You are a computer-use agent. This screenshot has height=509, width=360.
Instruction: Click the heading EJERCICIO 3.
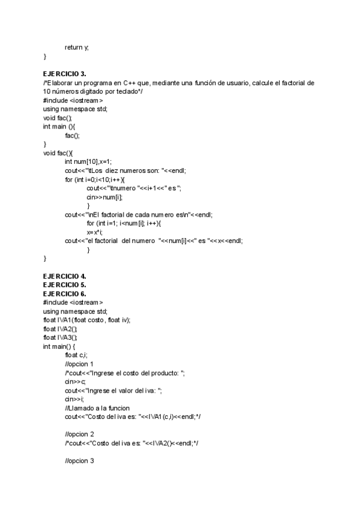[65, 73]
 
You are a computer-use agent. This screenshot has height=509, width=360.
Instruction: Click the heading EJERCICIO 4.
[65, 277]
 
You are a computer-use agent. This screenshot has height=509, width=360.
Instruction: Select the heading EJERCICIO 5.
[65, 285]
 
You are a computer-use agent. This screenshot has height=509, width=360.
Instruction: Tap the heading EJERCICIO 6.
[65, 294]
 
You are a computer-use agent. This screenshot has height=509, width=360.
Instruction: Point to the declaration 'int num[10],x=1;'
[88, 161]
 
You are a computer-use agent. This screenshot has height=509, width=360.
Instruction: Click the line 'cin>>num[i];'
[104, 196]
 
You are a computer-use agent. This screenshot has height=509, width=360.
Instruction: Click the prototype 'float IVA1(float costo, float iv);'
[86, 320]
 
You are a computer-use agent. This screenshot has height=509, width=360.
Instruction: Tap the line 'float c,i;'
[77, 355]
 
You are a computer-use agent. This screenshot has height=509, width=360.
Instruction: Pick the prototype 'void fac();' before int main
[57, 118]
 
